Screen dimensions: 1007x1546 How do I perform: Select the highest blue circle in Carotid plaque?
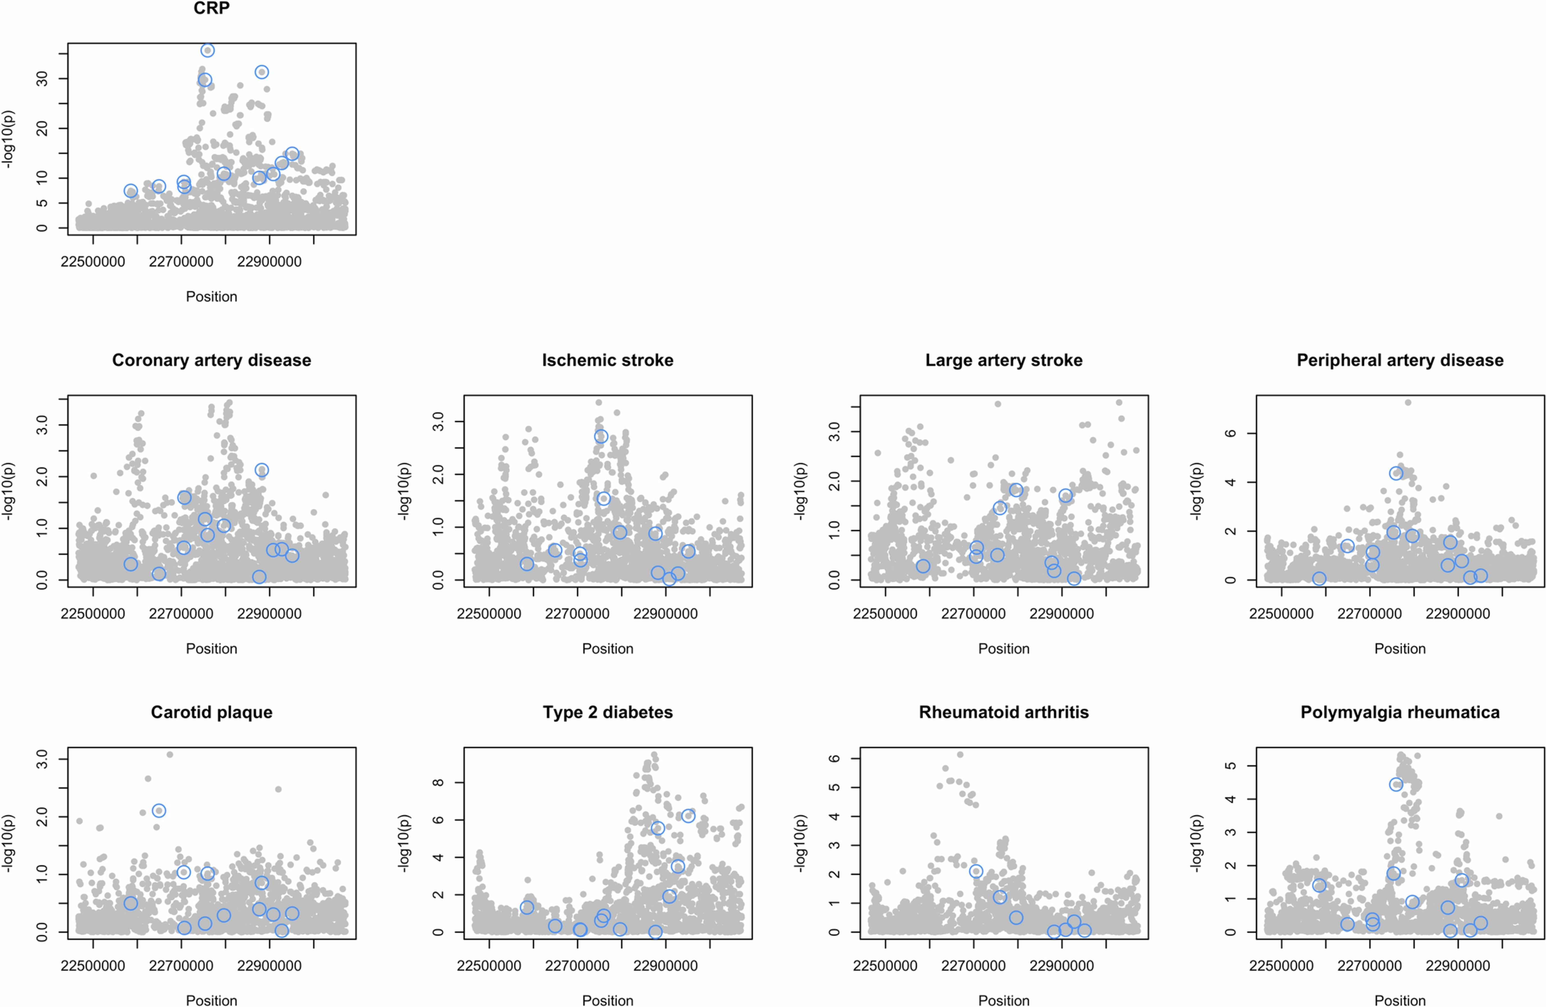coord(159,811)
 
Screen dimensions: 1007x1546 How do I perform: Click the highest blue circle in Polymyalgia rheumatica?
coord(1396,785)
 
